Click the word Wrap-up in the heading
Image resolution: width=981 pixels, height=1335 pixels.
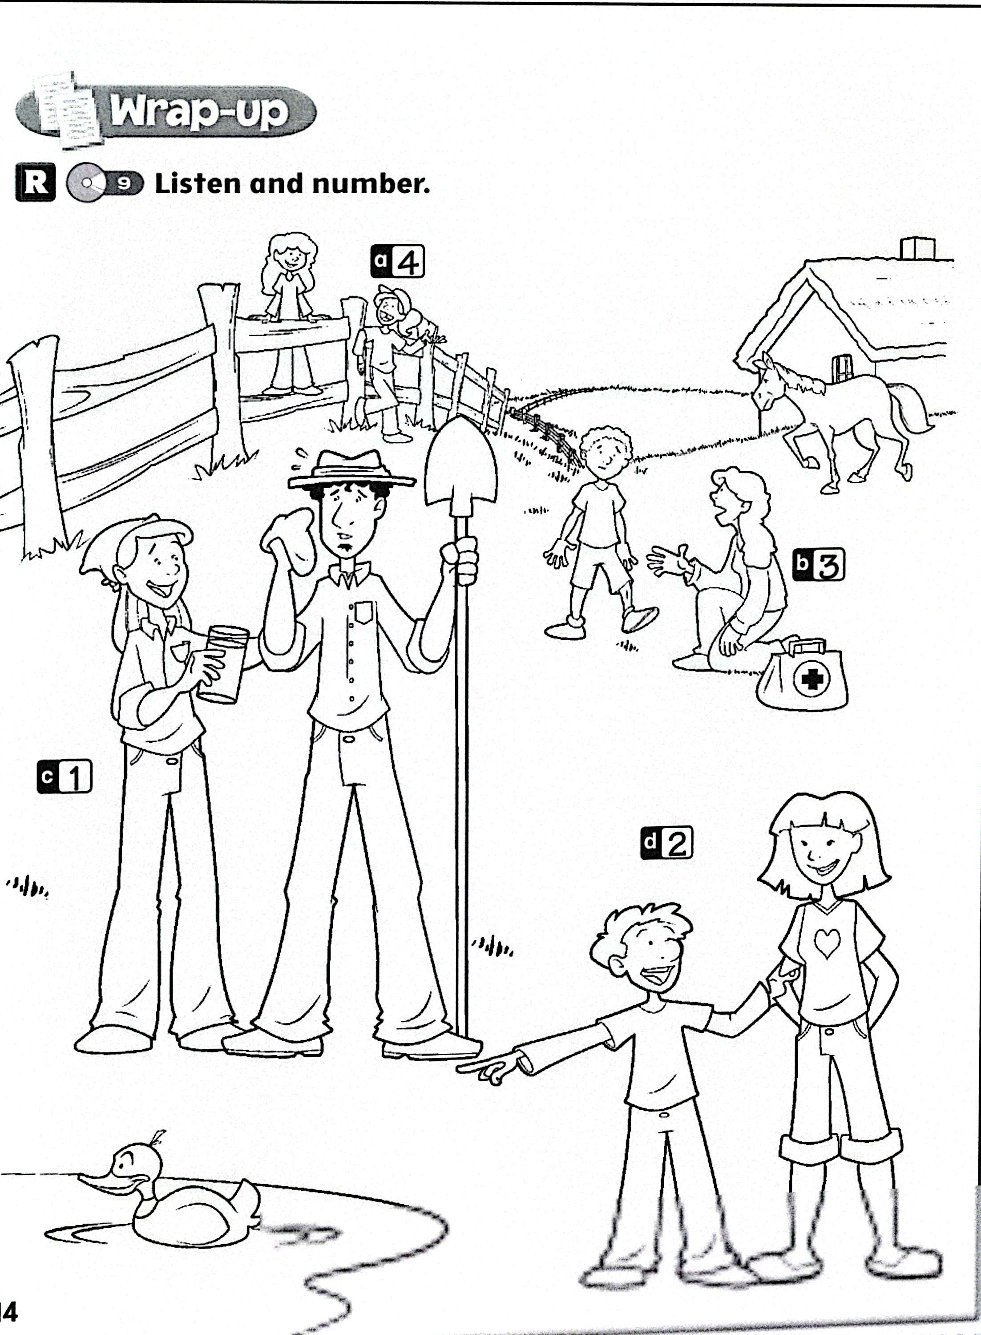199,111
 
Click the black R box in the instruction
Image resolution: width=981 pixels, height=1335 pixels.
35,183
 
